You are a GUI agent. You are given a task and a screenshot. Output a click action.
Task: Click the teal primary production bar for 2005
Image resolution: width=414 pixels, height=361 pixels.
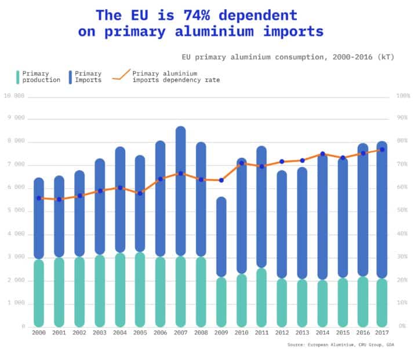(140, 289)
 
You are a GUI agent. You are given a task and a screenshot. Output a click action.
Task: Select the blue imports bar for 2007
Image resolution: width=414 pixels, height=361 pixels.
(180, 192)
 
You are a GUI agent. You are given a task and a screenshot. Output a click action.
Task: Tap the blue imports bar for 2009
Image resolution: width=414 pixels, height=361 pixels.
(221, 237)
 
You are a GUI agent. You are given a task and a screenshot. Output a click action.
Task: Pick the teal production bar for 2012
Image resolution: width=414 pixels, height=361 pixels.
(281, 302)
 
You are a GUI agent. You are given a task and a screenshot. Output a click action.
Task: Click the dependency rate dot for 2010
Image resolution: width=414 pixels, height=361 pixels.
(242, 163)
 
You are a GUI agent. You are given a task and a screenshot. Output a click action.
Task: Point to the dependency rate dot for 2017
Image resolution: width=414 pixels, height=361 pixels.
(382, 150)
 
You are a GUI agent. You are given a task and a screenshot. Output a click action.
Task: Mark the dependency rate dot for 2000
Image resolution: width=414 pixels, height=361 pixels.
(39, 198)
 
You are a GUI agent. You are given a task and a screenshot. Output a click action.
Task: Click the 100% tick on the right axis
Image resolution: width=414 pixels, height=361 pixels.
(402, 96)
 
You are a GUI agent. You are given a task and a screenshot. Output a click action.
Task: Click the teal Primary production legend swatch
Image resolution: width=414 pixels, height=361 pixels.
(18, 77)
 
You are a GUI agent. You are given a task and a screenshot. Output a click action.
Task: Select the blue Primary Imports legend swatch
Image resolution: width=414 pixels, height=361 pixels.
(70, 77)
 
